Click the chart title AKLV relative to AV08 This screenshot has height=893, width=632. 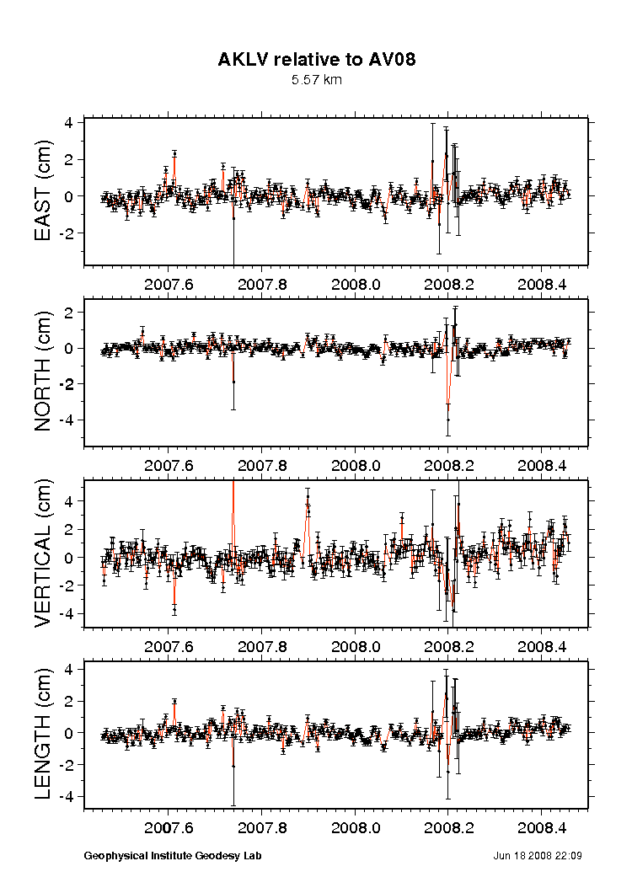pos(316,59)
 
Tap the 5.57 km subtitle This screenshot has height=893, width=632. pos(316,80)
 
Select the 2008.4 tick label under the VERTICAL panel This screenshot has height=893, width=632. pos(542,647)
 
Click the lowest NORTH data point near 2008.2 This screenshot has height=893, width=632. pos(448,420)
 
